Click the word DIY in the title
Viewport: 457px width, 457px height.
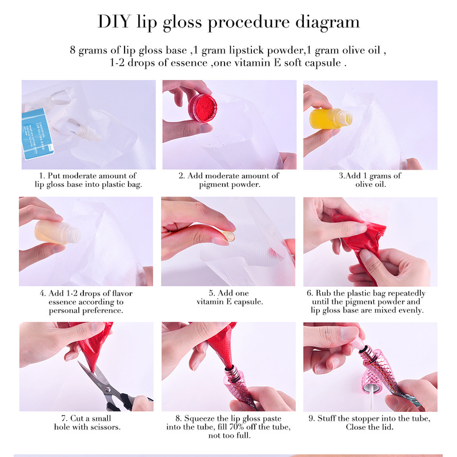(x=113, y=22)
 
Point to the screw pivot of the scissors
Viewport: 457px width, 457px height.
(x=108, y=390)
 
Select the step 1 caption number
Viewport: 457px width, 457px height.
(x=42, y=176)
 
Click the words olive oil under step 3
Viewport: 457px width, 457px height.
(x=370, y=184)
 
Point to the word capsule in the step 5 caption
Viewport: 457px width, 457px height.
(x=248, y=302)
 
